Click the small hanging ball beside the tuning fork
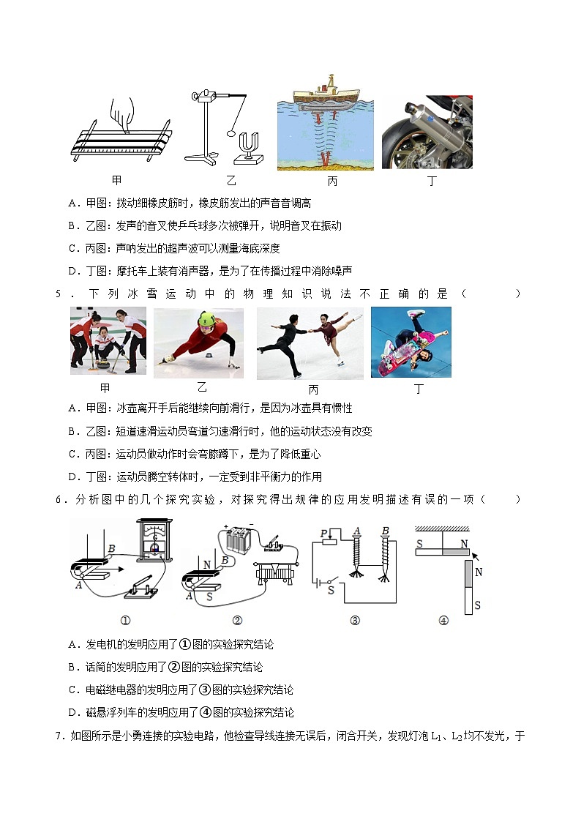[x=233, y=134]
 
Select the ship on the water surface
[x=326, y=93]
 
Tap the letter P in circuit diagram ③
[x=323, y=534]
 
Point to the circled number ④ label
[x=443, y=621]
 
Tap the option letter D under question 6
[x=72, y=712]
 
